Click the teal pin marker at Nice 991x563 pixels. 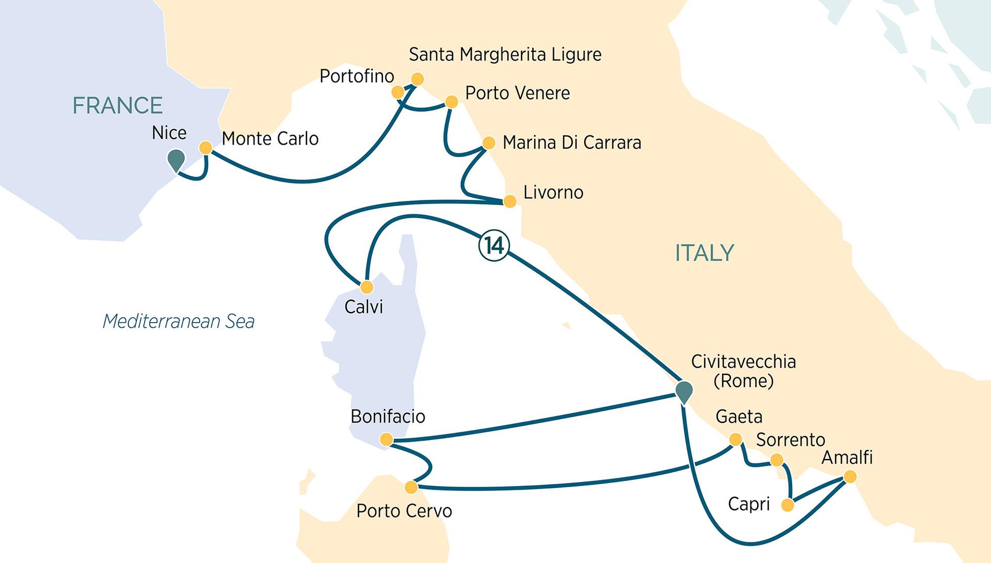(x=177, y=159)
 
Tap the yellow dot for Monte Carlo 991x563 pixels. (x=205, y=148)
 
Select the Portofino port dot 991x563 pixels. (x=397, y=92)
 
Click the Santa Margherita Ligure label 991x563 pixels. (x=505, y=55)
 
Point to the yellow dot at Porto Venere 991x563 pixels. (x=451, y=101)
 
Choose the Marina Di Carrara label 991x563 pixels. (x=571, y=143)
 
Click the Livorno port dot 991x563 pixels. (x=509, y=201)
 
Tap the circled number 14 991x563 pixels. (x=494, y=246)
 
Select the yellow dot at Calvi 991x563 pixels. (x=366, y=287)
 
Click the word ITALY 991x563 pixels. (x=704, y=253)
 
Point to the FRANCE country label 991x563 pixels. (x=118, y=106)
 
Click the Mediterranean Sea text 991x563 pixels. (x=179, y=321)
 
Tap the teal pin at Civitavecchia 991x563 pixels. (x=684, y=391)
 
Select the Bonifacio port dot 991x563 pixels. (x=386, y=440)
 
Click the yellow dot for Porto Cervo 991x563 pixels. (x=411, y=487)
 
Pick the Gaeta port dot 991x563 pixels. (x=735, y=440)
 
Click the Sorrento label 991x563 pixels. (x=790, y=440)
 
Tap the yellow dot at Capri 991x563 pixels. (x=788, y=505)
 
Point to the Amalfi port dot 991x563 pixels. (x=850, y=477)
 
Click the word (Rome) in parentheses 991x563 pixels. (x=743, y=381)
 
